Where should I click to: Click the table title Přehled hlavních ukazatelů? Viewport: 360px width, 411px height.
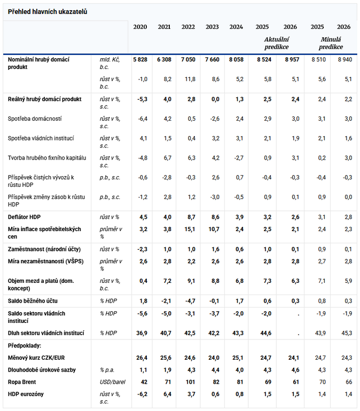point(48,12)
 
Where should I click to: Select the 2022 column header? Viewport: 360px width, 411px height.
point(188,27)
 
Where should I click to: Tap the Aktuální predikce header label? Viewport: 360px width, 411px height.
point(276,43)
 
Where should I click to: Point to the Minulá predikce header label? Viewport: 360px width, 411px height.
point(331,43)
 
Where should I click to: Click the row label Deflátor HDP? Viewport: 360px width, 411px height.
point(25,217)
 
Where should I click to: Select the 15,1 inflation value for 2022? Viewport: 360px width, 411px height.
point(189,229)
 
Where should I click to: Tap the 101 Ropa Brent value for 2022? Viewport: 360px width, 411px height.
point(190,383)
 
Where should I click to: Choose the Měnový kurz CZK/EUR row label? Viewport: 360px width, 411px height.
point(37,357)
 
